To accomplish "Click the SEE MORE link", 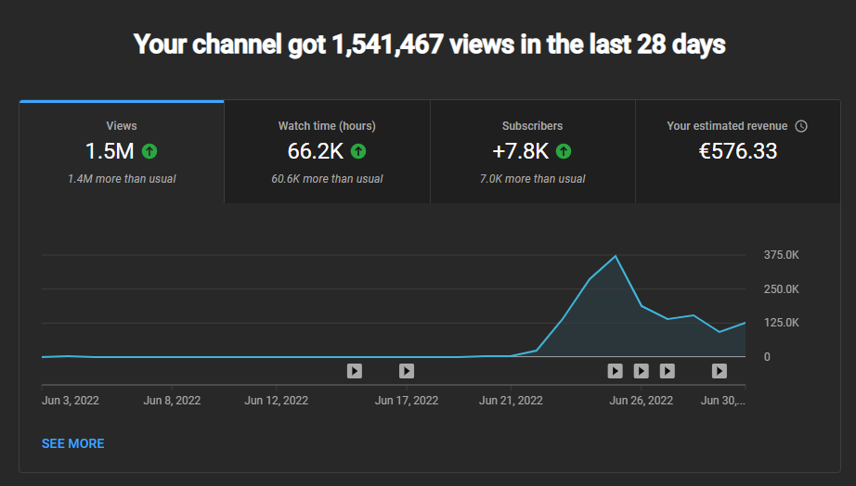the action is (72, 443).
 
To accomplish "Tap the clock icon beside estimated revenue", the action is (801, 126).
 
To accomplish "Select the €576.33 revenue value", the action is (737, 151).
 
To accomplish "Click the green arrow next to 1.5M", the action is (149, 151).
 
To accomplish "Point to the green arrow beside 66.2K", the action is (358, 151).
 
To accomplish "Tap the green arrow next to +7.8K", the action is (564, 151).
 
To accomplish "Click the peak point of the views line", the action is (616, 256).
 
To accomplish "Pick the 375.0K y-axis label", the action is (781, 255).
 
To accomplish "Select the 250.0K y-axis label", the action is (781, 289).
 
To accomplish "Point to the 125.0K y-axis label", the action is (781, 323).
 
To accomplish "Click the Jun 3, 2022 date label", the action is (71, 401).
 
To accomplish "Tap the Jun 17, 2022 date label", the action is (406, 401).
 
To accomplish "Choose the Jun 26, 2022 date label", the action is (641, 401).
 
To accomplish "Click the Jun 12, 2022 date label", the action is (277, 401).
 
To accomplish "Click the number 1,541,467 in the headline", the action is (387, 45).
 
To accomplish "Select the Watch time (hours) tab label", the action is (327, 126).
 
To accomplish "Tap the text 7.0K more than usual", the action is (532, 179).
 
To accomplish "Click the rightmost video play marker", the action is (719, 371).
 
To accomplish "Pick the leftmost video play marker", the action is (355, 371).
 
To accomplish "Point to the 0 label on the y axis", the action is (767, 357).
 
